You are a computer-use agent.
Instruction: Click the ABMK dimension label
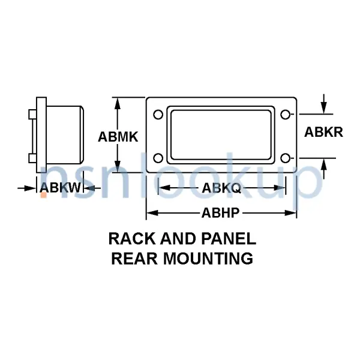(118, 137)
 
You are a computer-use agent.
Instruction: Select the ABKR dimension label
(323, 132)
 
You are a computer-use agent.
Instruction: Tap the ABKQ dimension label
(221, 188)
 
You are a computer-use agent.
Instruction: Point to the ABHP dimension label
(221, 212)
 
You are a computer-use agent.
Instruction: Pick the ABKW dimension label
(60, 188)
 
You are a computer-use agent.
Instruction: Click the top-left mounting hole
(158, 115)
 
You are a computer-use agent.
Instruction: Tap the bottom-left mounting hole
(158, 158)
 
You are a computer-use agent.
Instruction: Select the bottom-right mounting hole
(286, 158)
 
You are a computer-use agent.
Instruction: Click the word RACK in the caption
(130, 239)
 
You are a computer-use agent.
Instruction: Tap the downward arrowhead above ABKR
(324, 108)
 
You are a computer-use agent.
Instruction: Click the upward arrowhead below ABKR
(324, 165)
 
